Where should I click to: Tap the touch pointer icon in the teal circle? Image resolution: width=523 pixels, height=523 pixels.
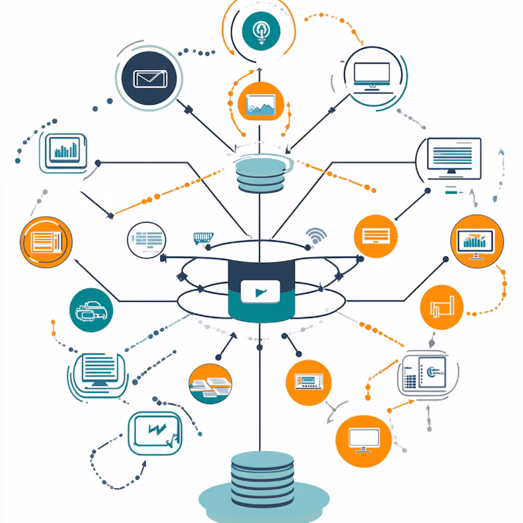(x=260, y=30)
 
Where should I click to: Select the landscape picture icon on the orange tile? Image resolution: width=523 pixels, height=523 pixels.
(x=260, y=105)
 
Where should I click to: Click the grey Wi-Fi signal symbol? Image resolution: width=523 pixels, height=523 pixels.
(x=315, y=236)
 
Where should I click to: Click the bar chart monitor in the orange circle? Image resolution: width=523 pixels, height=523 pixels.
(x=476, y=242)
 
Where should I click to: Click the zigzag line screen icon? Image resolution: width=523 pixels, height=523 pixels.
(x=155, y=431)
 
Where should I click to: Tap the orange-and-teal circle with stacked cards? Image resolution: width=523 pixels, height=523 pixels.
(x=211, y=384)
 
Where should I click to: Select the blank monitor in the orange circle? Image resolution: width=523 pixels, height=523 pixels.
(x=364, y=440)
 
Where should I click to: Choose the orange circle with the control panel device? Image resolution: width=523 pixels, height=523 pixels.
(x=309, y=382)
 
